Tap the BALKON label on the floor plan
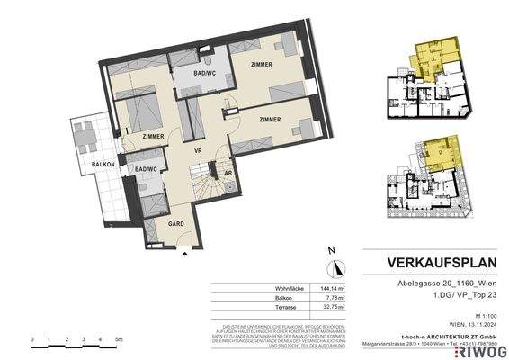tap(102, 165)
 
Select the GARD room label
tap(177, 222)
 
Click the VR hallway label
tap(197, 152)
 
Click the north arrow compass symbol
tap(331, 265)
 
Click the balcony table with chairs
tap(88, 136)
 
